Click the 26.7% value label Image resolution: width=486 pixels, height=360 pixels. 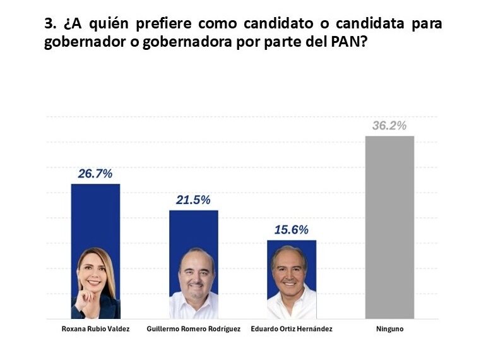[95, 174]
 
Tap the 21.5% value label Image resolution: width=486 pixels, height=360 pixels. [193, 200]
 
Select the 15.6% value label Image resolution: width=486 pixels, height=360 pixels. [291, 231]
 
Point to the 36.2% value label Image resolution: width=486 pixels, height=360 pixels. [389, 126]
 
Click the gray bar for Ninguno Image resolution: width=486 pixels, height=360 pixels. [389, 227]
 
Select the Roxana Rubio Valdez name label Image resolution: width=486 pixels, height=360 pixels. [95, 329]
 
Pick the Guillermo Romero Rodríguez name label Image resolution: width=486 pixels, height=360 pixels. [193, 329]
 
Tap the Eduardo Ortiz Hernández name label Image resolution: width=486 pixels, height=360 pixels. [292, 329]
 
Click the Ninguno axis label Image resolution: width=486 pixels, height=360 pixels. [389, 329]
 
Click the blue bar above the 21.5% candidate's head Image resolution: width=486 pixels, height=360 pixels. [193, 227]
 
